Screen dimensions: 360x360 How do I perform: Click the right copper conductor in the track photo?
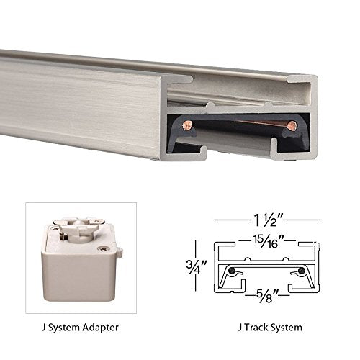(291, 127)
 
